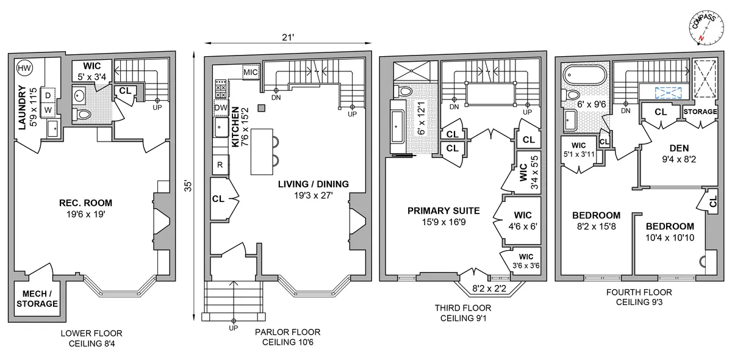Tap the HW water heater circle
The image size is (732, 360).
(x=24, y=68)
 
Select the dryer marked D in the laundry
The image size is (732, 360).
(x=48, y=95)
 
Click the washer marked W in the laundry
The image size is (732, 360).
(x=48, y=110)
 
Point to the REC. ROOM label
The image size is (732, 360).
(x=86, y=203)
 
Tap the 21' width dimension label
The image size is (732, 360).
(x=288, y=38)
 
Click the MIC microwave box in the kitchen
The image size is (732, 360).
(x=251, y=72)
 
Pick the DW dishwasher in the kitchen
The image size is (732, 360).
(x=220, y=108)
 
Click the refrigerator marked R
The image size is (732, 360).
(x=220, y=164)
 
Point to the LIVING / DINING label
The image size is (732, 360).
(x=313, y=184)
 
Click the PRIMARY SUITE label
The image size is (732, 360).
(x=443, y=211)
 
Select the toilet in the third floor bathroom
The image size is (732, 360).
(x=405, y=92)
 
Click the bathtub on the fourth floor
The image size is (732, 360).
(x=584, y=76)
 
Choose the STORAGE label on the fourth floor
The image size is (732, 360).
(x=699, y=112)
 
